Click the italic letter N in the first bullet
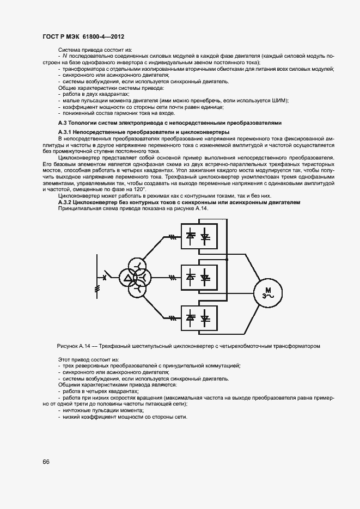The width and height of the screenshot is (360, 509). coord(64,56)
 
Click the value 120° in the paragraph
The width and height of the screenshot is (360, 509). coord(138,189)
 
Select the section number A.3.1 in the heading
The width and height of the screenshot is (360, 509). coord(65,132)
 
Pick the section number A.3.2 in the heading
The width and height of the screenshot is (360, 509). coord(65,202)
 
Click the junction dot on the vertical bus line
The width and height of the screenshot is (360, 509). coord(227,260)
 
